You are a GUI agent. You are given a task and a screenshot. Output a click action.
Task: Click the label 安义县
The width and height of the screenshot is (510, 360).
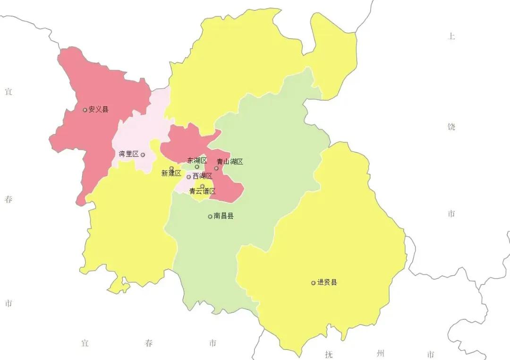(98, 110)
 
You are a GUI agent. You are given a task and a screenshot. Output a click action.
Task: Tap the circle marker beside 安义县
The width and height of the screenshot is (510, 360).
(85, 110)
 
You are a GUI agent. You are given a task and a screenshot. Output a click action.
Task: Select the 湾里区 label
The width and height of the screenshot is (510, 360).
(128, 154)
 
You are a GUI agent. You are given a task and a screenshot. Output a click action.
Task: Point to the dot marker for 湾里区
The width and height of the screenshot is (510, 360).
(143, 154)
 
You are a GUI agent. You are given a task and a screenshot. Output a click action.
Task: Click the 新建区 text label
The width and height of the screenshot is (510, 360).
(171, 173)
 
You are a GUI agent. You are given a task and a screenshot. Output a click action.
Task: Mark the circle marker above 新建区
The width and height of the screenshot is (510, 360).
(171, 168)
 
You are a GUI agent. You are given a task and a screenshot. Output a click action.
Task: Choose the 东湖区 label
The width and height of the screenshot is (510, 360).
(197, 161)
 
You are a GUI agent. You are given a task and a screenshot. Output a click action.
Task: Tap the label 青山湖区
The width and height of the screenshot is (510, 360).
(229, 162)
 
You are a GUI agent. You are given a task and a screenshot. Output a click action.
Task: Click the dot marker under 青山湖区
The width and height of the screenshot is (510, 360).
(217, 168)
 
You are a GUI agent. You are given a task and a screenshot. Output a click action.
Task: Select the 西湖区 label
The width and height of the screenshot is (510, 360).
(202, 176)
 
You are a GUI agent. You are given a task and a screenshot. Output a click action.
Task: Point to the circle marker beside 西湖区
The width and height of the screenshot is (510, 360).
(189, 177)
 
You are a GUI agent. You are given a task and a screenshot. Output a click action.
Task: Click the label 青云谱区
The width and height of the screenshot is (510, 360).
(202, 191)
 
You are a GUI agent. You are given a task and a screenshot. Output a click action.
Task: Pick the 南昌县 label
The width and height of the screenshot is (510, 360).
(223, 216)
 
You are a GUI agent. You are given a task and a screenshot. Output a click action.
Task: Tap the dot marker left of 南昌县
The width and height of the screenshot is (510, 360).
(210, 216)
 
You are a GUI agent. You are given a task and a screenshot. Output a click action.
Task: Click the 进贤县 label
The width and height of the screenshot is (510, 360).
(327, 283)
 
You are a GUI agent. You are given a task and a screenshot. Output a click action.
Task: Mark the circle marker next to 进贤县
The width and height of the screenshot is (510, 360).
(313, 283)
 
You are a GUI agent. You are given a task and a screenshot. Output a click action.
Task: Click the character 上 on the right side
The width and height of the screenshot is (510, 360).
(451, 36)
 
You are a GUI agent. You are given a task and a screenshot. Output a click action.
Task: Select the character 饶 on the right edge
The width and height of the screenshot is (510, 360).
(451, 127)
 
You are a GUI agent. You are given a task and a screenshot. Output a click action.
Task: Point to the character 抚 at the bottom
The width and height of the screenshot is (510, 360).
(329, 354)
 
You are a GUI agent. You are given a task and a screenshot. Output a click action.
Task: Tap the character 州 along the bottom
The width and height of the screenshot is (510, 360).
(381, 353)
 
